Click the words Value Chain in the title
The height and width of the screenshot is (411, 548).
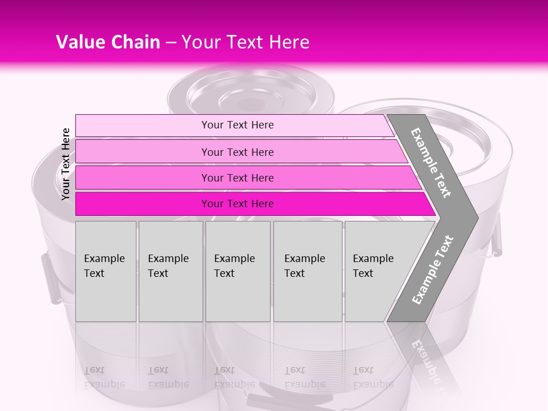(x=108, y=42)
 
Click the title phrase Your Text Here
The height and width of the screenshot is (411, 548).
(x=245, y=42)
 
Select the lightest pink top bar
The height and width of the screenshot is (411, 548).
(x=143, y=125)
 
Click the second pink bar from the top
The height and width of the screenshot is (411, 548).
(x=143, y=152)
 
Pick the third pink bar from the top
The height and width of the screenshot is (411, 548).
(x=143, y=178)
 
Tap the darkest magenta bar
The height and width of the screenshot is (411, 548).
(x=143, y=204)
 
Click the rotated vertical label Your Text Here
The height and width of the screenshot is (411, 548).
(x=66, y=164)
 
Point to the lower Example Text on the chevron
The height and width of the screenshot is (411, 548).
(x=433, y=270)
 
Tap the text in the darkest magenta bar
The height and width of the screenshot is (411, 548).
(x=237, y=204)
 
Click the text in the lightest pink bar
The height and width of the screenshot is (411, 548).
(x=237, y=125)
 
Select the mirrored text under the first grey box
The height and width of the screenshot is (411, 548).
(x=104, y=377)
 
